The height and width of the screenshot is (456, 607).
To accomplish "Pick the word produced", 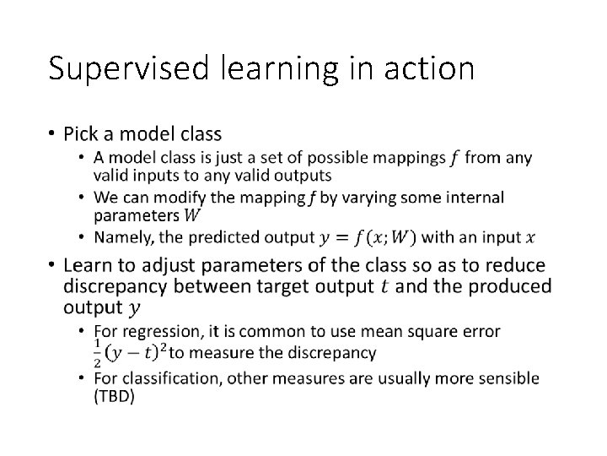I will point(492,286).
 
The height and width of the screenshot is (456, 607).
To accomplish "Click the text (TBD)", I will point(114,396).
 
